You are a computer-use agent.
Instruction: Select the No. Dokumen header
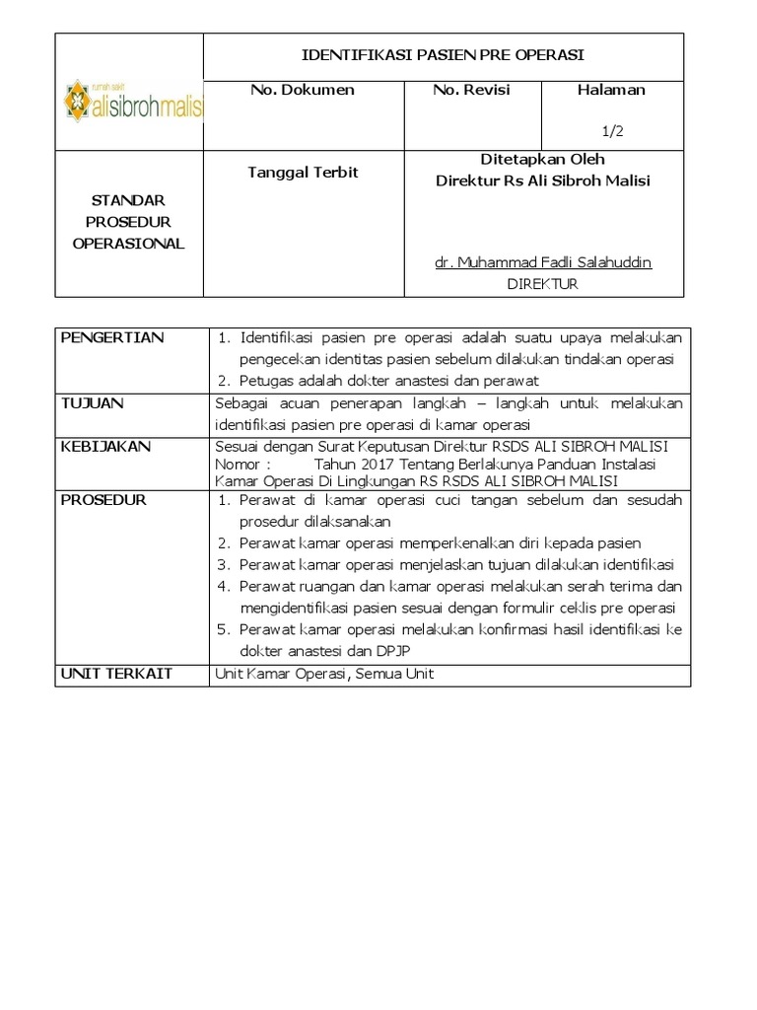click(x=303, y=90)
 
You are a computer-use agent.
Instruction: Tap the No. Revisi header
click(x=471, y=90)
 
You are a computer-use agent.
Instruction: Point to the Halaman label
click(x=611, y=90)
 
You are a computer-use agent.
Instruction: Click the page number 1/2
click(x=612, y=129)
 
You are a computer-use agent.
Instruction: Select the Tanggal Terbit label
click(x=302, y=173)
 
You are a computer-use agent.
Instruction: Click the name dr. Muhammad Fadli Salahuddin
click(x=543, y=262)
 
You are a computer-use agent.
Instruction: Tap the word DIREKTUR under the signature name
click(x=542, y=284)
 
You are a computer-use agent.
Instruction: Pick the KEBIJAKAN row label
click(x=105, y=447)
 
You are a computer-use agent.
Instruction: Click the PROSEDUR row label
click(x=103, y=500)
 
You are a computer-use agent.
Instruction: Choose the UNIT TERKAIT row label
click(x=116, y=674)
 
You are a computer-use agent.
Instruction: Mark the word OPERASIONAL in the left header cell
click(x=128, y=244)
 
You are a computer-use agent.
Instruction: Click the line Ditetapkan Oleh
click(x=542, y=159)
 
